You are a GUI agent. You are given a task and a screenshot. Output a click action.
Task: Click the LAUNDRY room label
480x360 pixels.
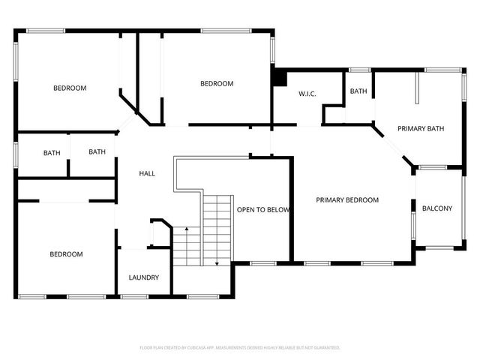143,277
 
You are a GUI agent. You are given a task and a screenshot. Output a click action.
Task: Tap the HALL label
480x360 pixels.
148,173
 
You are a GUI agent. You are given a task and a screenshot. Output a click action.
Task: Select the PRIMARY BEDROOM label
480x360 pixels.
347,200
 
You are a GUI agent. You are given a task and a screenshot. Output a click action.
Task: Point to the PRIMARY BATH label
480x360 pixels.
421,128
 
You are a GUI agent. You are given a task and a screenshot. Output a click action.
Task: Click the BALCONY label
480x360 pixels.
437,208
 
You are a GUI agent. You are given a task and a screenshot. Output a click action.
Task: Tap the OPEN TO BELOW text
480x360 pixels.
263,210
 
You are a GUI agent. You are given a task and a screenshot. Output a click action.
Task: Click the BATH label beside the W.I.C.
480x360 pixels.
358,91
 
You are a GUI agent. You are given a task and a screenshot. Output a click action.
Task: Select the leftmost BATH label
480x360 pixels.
52,153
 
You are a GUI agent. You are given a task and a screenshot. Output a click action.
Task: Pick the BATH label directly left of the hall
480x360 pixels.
97,152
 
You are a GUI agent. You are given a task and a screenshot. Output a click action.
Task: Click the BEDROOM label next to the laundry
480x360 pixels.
66,254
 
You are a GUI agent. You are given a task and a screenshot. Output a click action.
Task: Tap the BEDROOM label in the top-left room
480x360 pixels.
70,88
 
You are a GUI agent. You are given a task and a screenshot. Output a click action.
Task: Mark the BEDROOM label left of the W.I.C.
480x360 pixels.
217,83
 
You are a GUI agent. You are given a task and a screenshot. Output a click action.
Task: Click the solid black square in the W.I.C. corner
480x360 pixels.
279,77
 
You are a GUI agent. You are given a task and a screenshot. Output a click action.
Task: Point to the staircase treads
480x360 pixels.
217,225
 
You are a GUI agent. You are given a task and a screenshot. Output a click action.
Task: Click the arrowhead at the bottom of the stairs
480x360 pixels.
217,263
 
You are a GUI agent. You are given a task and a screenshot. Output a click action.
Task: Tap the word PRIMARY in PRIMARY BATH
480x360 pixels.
412,128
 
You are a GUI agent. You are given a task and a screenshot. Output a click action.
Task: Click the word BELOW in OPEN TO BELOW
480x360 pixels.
277,210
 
